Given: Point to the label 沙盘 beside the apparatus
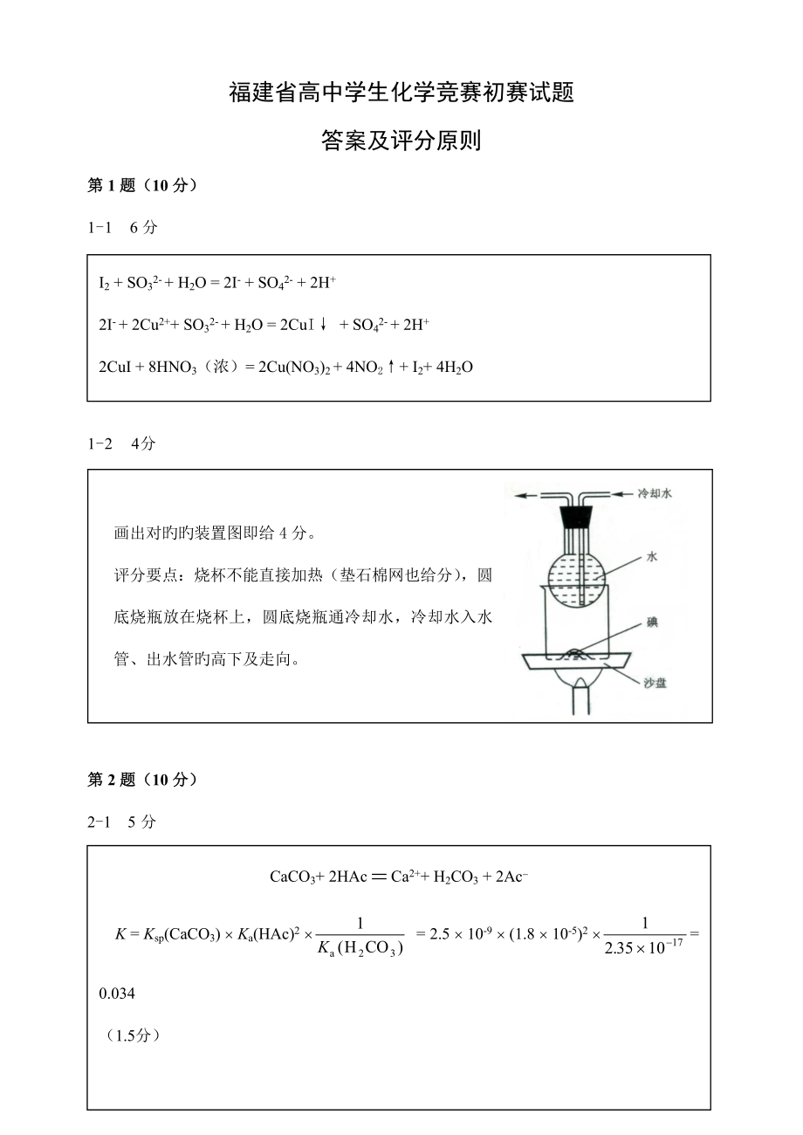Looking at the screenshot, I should click(655, 683).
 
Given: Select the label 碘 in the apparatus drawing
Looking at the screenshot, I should click(652, 623).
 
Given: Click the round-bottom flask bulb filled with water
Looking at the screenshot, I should click(575, 567).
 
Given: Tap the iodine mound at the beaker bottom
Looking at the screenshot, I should click(577, 652).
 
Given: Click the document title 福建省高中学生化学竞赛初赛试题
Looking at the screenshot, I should click(401, 93).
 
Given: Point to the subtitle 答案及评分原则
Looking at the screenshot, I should click(401, 141).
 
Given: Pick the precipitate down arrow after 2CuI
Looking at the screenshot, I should click(323, 325).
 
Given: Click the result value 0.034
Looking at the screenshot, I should click(118, 994).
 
